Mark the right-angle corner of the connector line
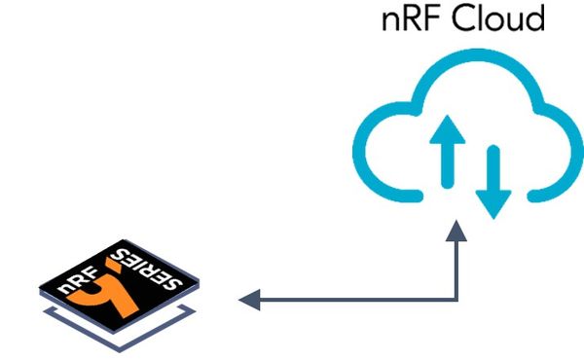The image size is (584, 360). (x=456, y=301)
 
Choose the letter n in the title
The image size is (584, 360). (x=388, y=22)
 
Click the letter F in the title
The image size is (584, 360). (x=424, y=20)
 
